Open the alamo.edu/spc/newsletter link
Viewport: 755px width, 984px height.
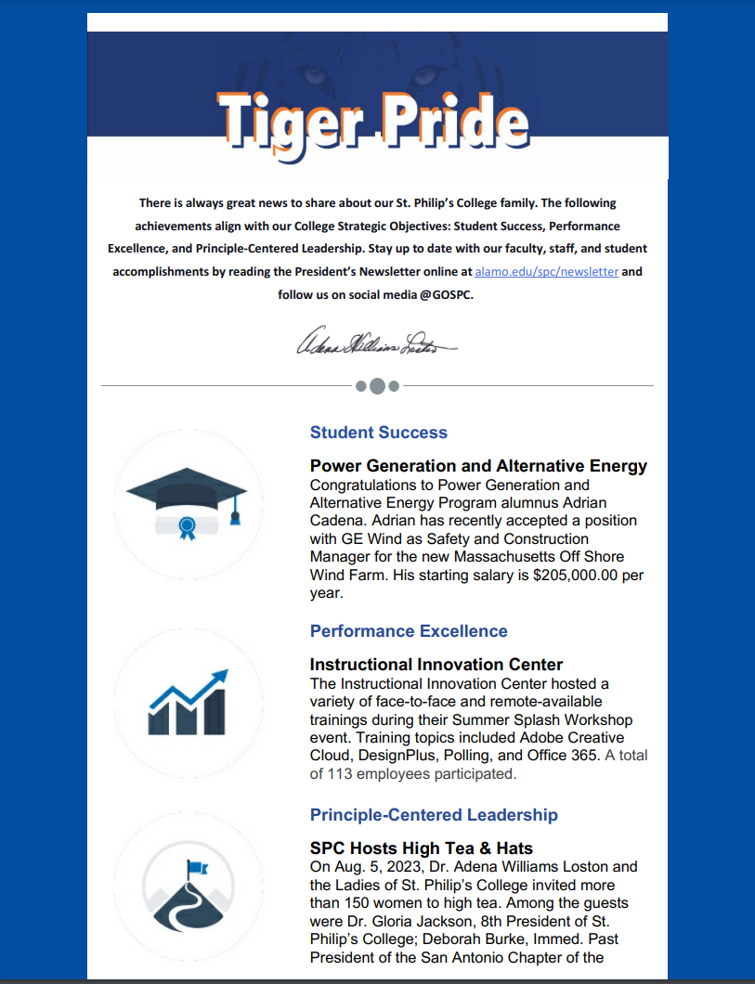(x=546, y=272)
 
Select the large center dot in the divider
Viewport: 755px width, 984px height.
(x=377, y=385)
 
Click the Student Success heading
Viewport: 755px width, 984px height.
(x=379, y=433)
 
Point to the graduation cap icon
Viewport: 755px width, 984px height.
(x=187, y=492)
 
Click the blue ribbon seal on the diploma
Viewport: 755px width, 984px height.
(x=188, y=528)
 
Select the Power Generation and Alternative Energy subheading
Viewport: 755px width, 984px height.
(x=478, y=466)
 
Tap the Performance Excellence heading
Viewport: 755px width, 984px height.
(x=409, y=631)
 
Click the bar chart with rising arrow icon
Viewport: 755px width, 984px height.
(x=188, y=702)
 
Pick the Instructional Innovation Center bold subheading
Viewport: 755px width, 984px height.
(x=436, y=665)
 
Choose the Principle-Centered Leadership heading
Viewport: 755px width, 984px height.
(x=434, y=815)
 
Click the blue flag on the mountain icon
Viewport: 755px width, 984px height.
(x=197, y=867)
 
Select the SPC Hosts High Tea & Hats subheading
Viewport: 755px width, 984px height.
(x=422, y=848)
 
